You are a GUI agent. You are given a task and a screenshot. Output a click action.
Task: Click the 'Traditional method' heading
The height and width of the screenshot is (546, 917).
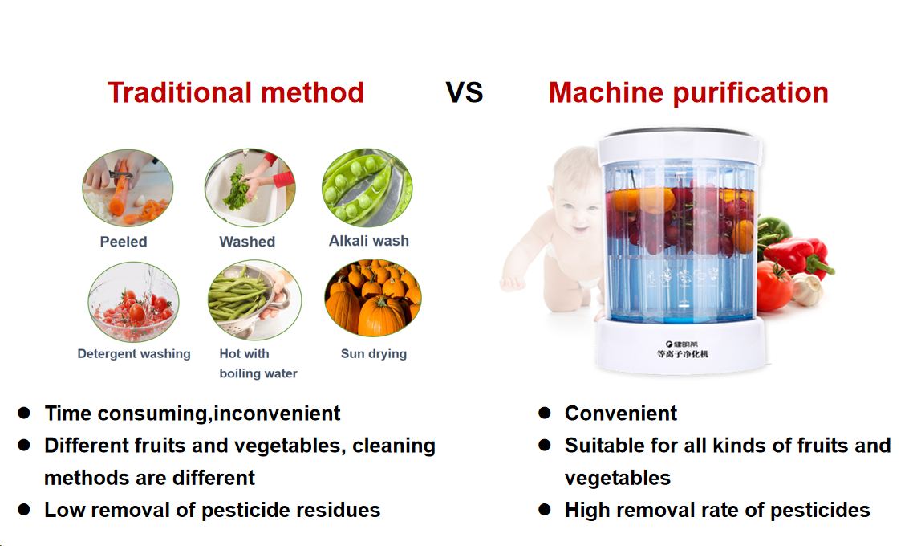(236, 92)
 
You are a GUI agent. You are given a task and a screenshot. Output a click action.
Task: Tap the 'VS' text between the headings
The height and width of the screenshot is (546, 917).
(465, 92)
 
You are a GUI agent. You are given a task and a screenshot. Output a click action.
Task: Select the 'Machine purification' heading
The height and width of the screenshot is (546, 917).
(688, 93)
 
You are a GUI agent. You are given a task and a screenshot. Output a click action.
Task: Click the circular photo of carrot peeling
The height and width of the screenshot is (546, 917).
(128, 188)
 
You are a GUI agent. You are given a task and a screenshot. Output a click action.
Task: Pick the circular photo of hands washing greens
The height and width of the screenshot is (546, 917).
(250, 187)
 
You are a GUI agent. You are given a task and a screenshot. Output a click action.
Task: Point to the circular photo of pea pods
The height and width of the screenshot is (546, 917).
(367, 187)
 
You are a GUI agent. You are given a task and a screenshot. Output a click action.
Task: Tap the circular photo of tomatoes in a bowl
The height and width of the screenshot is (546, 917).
(133, 301)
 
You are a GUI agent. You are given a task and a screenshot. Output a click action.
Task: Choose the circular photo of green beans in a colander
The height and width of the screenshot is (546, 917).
(255, 300)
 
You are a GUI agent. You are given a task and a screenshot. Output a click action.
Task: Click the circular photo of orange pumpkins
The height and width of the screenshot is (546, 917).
(373, 298)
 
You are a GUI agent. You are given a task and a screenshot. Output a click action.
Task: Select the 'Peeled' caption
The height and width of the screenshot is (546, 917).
(124, 242)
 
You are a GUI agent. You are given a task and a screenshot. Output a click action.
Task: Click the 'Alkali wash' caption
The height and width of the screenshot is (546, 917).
(369, 241)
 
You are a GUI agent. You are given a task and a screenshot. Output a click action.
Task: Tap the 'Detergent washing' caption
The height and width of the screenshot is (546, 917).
(134, 353)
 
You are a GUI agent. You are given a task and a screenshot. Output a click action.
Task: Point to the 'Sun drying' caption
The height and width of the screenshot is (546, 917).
(374, 353)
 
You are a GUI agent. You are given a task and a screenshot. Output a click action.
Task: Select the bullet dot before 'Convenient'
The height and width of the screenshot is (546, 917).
(545, 414)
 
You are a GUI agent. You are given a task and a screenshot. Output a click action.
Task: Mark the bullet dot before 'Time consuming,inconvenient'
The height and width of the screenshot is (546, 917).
(24, 414)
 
